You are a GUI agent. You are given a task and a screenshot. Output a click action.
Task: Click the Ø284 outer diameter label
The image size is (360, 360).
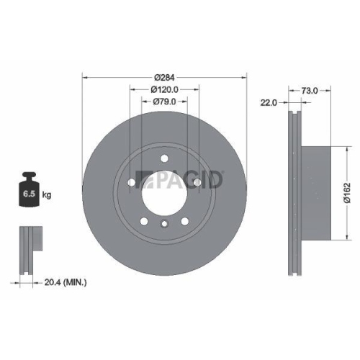pos(164,77)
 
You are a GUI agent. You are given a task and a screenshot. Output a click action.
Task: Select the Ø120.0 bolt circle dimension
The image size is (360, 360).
pos(164,89)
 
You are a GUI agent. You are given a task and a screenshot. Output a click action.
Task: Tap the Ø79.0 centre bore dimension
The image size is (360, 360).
pos(164,102)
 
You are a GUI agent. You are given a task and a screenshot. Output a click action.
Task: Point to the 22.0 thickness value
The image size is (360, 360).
pos(269,104)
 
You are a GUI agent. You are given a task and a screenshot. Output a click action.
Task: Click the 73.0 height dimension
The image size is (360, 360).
pos(309,91)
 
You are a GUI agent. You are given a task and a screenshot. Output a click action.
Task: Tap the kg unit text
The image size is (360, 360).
pos(45,194)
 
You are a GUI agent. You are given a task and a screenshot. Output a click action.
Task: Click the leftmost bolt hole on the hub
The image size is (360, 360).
pos(132,183)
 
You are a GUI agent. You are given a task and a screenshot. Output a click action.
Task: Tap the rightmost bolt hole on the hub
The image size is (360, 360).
pos(197,183)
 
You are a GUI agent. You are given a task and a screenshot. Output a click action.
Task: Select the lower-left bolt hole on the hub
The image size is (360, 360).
pos(145,221)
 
